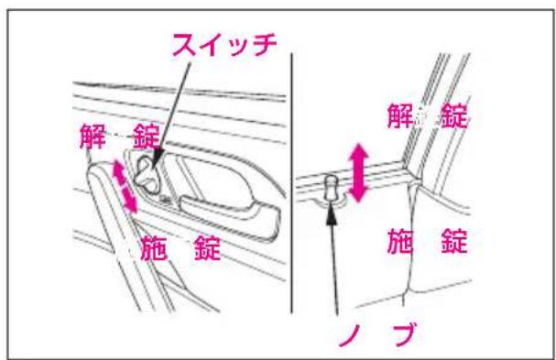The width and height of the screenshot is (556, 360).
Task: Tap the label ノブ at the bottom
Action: pyautogui.click(x=377, y=334)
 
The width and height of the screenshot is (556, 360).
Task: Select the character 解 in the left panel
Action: pyautogui.click(x=93, y=136)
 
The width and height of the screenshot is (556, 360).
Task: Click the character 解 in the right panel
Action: pyautogui.click(x=400, y=115)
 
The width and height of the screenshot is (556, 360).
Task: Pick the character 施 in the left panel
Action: pyautogui.click(x=154, y=248)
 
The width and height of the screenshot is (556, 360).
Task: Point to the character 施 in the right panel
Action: pyautogui.click(x=400, y=242)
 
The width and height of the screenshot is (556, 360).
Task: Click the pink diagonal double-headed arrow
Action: pyautogui.click(x=125, y=186)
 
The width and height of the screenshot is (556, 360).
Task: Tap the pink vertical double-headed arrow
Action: pyautogui.click(x=359, y=173)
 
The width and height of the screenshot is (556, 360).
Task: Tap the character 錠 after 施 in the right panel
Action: pyautogui.click(x=454, y=242)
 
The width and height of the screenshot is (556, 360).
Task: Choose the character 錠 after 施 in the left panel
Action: pyautogui.click(x=207, y=248)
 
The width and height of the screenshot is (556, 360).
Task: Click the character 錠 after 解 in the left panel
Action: pyautogui.click(x=146, y=136)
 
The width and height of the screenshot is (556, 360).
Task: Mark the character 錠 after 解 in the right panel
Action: pyautogui.click(x=454, y=115)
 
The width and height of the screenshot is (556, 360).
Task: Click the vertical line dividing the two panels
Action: pyautogui.click(x=292, y=183)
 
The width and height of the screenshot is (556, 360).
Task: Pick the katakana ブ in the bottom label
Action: pyautogui.click(x=404, y=334)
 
